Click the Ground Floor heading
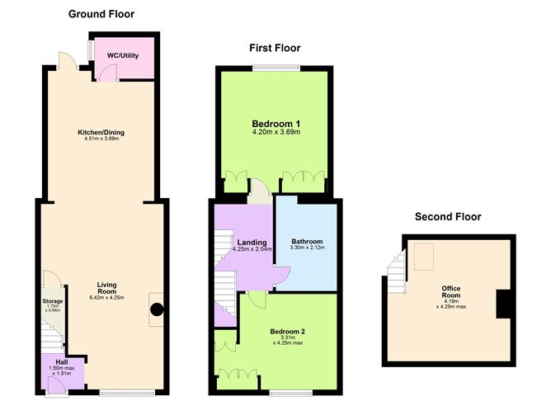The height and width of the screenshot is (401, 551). tap(101, 14)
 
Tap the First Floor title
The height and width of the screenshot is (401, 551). tap(275, 48)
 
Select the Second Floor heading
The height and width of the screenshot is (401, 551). tap(448, 216)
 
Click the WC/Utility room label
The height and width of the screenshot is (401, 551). tap(123, 55)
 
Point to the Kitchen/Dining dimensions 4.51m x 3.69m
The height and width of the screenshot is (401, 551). tap(101, 139)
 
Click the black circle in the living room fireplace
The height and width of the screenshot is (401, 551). tap(157, 309)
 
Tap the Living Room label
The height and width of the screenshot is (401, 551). tap(107, 288)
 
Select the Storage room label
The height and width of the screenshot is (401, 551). tap(53, 301)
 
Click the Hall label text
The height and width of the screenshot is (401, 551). tap(62, 362)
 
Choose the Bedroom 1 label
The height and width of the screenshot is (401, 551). tap(276, 124)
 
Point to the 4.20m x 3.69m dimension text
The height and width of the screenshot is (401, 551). tap(276, 132)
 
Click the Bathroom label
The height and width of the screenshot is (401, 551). tap(307, 242)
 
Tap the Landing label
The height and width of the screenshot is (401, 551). tap(252, 243)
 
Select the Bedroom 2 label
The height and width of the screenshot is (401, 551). tap(287, 332)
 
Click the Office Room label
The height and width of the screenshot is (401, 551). tap(451, 292)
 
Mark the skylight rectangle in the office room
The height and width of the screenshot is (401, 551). tap(424, 257)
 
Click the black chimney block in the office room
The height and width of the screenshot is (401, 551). tap(503, 304)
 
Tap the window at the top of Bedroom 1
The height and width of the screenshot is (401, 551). tap(276, 68)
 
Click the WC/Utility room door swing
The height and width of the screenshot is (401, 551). tap(107, 73)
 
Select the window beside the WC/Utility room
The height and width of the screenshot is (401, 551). tap(91, 50)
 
